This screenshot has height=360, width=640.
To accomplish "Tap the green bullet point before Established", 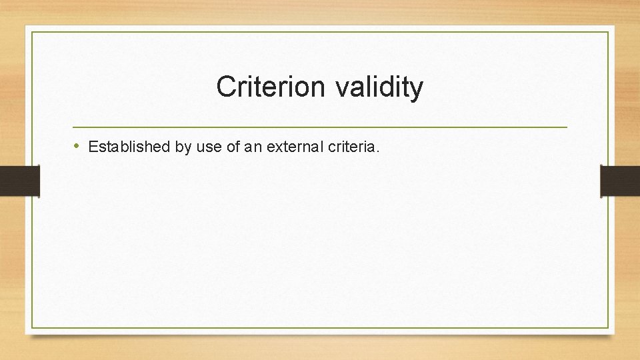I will coord(77,146).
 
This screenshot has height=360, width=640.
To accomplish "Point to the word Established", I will coord(129,147).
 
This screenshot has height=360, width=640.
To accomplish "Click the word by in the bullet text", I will coord(183,147).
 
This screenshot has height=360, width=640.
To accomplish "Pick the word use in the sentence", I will coord(209,147).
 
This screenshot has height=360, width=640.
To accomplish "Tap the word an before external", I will coord(253,147).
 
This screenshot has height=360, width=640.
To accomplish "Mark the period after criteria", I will coord(378,151).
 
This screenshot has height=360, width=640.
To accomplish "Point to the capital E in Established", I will coord(93,147).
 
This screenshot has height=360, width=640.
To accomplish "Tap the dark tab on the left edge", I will coord(19,181).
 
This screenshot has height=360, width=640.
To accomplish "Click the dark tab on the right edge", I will coord(620,181).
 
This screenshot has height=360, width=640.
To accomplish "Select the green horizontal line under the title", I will coord(320,127).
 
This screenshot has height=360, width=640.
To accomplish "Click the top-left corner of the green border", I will coord(32,32).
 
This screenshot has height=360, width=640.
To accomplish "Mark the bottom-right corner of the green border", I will coord(608,327).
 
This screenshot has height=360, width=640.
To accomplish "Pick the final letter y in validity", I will coord(416,89).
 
